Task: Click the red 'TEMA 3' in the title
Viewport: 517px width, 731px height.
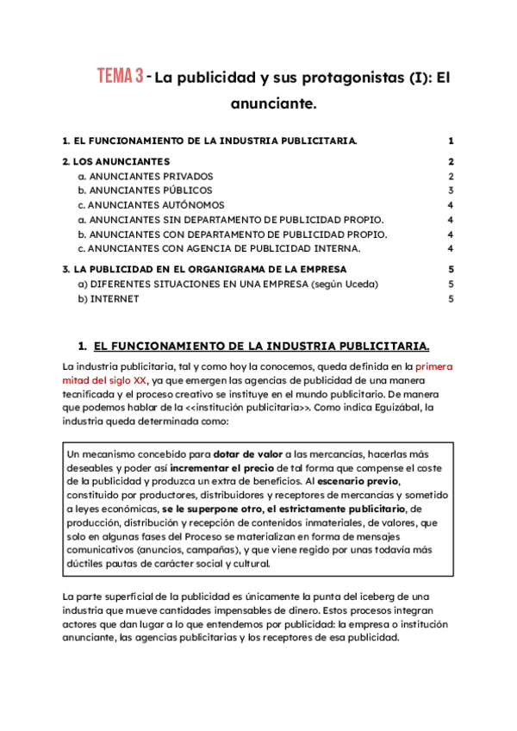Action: (x=119, y=77)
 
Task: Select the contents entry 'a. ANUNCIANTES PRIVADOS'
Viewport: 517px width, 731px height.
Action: (x=145, y=176)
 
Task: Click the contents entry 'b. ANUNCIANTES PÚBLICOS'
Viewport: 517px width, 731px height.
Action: (x=145, y=191)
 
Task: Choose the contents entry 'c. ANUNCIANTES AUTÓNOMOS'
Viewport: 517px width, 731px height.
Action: (x=151, y=205)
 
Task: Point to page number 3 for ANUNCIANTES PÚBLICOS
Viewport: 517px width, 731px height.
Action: (x=450, y=191)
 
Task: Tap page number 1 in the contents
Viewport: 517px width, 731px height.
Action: (x=450, y=141)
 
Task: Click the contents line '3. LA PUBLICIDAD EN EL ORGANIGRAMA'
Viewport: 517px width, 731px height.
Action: (x=204, y=270)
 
